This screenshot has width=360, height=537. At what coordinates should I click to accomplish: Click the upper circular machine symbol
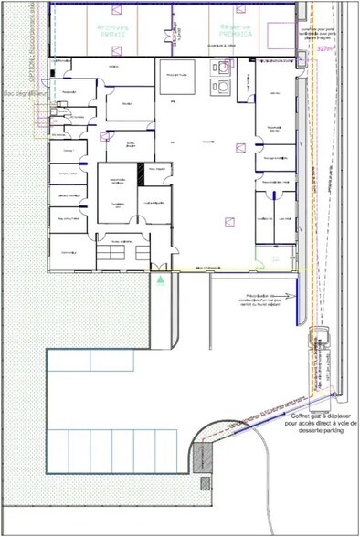(x=221, y=66)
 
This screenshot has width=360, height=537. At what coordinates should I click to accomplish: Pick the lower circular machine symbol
(x=223, y=88)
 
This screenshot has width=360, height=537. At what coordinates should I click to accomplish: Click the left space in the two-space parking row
(x=69, y=361)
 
